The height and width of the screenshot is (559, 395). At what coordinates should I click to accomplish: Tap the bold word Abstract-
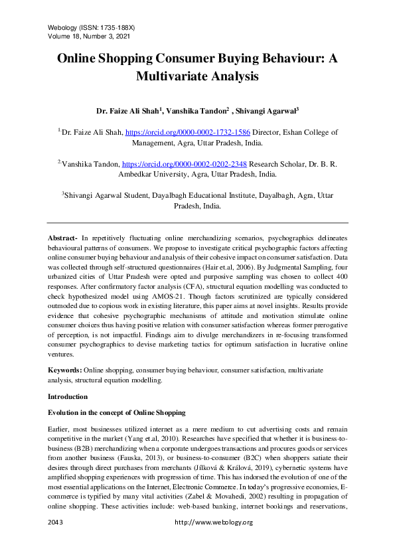pyautogui.click(x=62, y=238)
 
